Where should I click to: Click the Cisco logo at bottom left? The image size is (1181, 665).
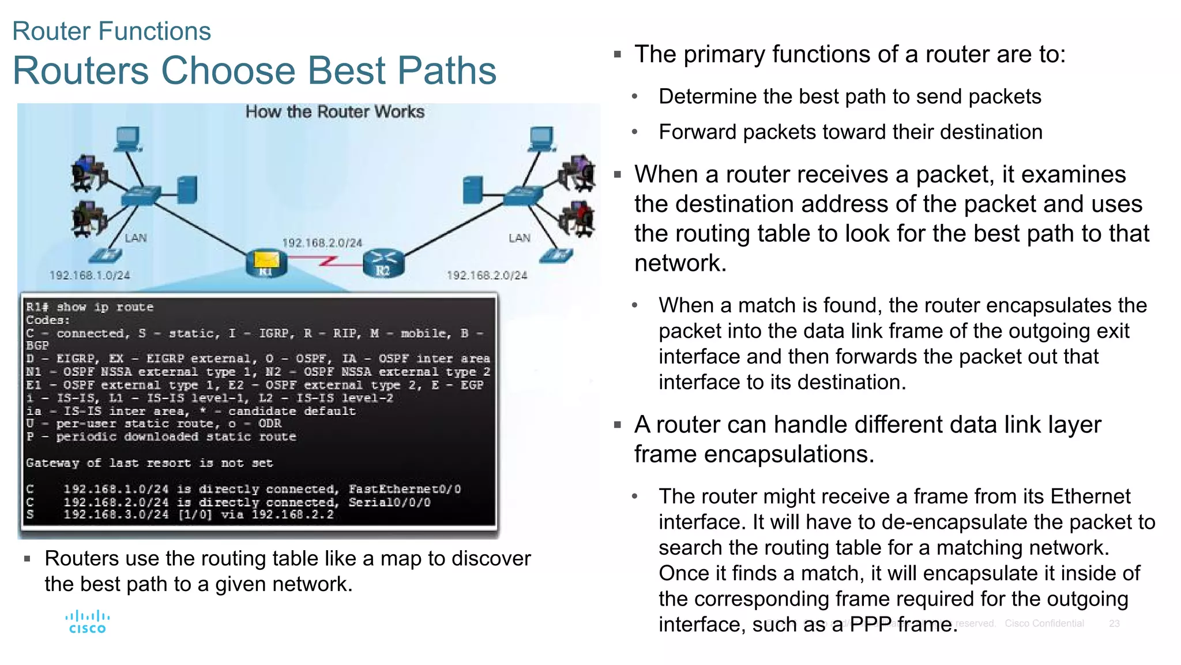point(87,622)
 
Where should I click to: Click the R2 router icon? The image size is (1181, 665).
point(383,264)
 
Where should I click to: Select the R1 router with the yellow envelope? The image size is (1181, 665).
point(266,264)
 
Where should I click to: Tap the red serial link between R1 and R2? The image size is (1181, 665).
point(326,262)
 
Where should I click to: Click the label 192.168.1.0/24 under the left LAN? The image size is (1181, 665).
point(89,275)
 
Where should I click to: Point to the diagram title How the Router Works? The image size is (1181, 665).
point(334,111)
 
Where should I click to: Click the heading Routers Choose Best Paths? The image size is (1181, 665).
point(254,70)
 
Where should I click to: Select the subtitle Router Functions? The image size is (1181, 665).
point(111,31)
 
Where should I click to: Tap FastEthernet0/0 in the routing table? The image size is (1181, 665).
point(404,489)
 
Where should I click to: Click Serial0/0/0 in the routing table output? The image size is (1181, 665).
point(389,502)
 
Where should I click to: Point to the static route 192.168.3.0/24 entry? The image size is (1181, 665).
point(116,514)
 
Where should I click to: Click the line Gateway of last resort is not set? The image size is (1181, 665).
point(149,463)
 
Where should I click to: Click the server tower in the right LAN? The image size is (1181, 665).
point(472,189)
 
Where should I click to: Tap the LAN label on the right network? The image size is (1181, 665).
point(519,238)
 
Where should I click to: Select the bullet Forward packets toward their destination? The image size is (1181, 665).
point(850,132)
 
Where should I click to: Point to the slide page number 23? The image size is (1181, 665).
point(1114,623)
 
